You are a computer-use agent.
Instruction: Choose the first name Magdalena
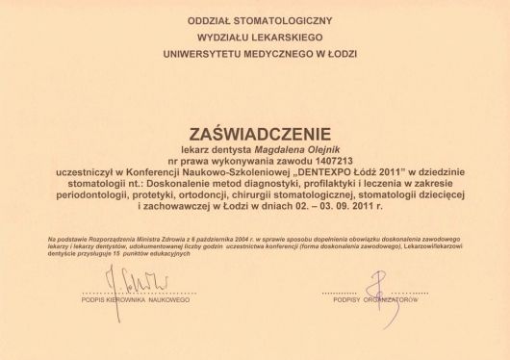pos(241,149)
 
